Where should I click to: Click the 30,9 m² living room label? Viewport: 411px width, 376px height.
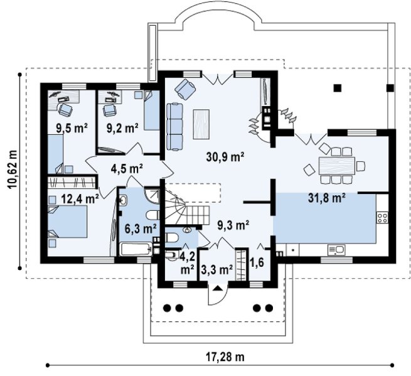(x=225, y=157)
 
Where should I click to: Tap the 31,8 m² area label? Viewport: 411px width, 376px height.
(x=326, y=198)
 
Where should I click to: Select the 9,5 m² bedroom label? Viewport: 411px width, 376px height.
(x=72, y=128)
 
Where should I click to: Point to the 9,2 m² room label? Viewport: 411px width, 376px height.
(x=122, y=128)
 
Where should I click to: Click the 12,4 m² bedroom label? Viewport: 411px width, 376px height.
(x=80, y=199)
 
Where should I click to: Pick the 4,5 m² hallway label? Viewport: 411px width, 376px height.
(x=127, y=169)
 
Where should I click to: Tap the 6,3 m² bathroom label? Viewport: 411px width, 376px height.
(x=141, y=228)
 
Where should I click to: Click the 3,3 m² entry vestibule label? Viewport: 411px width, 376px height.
(x=217, y=269)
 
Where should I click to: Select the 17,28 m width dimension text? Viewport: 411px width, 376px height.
(x=225, y=357)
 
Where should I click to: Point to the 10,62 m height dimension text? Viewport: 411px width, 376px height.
(x=12, y=169)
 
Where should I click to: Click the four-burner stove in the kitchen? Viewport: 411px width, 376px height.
(x=382, y=218)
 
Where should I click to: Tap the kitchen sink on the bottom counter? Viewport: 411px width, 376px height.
(x=336, y=250)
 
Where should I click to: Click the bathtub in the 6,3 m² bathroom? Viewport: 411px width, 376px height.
(x=136, y=249)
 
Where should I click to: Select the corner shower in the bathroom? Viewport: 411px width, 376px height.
(x=152, y=196)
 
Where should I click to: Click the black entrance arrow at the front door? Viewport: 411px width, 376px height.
(x=217, y=288)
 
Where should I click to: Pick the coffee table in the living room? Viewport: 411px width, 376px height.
(x=201, y=124)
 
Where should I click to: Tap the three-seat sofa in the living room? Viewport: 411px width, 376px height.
(x=174, y=127)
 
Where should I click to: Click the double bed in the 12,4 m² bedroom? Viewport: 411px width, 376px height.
(x=67, y=222)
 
